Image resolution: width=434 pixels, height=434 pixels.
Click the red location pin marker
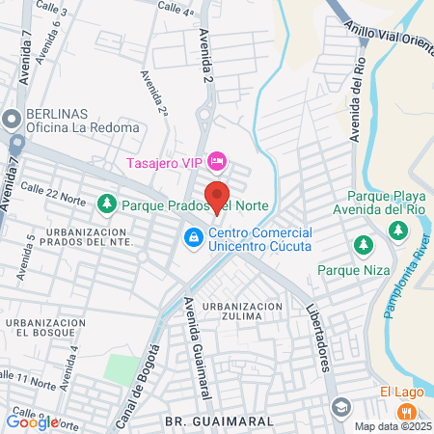217,196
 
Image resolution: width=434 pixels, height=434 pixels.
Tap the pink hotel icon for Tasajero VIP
218,158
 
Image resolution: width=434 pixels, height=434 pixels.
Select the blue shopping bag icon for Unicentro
194,236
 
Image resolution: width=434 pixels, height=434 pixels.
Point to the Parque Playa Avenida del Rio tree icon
396,230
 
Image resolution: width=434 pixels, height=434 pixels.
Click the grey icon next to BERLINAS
12,120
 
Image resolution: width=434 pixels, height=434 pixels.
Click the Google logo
32,421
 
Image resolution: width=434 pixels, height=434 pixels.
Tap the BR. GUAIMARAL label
205,421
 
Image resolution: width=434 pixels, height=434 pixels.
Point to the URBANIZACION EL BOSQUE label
40,328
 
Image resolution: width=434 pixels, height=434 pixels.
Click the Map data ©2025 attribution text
393,426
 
